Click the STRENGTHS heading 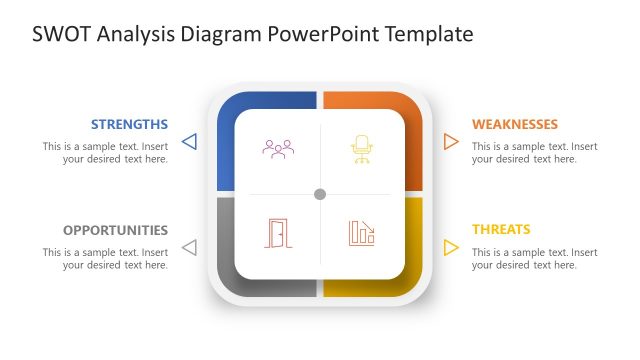click(129, 125)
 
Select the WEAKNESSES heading click(515, 125)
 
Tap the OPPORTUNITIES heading click(115, 230)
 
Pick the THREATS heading click(501, 230)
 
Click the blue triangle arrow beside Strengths click(189, 142)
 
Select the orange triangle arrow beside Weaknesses click(451, 142)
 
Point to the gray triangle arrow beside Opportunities click(189, 247)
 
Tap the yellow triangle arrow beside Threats click(451, 247)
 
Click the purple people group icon click(278, 149)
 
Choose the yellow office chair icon click(361, 149)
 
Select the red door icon click(278, 233)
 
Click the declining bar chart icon click(361, 233)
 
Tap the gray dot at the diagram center click(320, 194)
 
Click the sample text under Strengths click(105, 152)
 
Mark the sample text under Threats click(535, 258)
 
